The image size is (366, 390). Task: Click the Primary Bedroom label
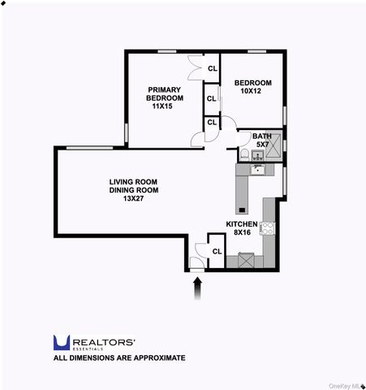point(164,93)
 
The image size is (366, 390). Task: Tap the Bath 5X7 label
point(262,141)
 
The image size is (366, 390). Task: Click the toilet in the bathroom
point(245,154)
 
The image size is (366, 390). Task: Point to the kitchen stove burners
point(268,229)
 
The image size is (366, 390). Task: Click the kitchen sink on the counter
point(258,170)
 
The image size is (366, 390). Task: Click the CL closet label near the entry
point(217,251)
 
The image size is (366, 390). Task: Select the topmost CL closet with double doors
point(212,68)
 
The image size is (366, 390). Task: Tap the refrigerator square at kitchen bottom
point(245,262)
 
